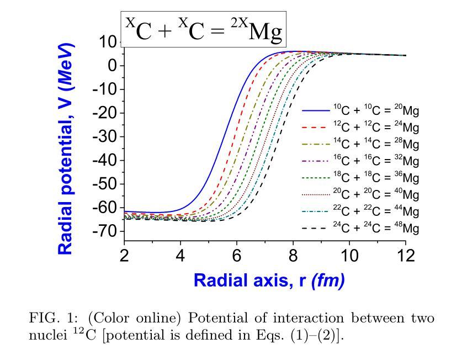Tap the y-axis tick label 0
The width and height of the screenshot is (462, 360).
[x=113, y=66]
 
